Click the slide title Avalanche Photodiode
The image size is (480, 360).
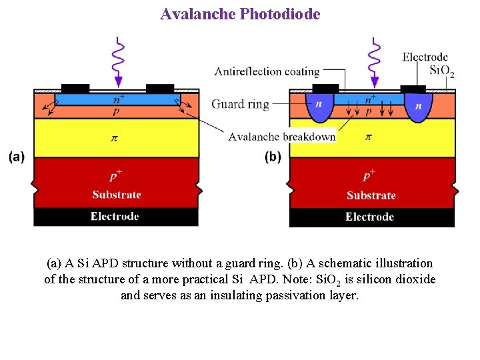[240, 13]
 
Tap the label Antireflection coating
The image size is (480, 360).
[267, 71]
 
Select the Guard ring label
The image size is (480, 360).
[240, 104]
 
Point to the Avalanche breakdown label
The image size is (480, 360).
[281, 137]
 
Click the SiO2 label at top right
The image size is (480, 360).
[442, 70]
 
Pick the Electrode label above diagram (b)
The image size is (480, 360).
[425, 57]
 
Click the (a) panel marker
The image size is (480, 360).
[17, 157]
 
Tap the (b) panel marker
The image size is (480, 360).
[273, 157]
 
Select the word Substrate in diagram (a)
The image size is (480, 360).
[117, 195]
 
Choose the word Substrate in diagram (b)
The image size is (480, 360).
[371, 195]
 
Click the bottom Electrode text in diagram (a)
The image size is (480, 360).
[115, 216]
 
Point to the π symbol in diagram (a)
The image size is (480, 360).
[113, 138]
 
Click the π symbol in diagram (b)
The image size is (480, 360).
[367, 137]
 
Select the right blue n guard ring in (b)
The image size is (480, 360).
[418, 107]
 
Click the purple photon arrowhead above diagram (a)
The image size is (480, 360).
[119, 81]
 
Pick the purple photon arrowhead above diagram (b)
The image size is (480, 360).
[375, 81]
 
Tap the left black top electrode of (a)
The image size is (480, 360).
[75, 88]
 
